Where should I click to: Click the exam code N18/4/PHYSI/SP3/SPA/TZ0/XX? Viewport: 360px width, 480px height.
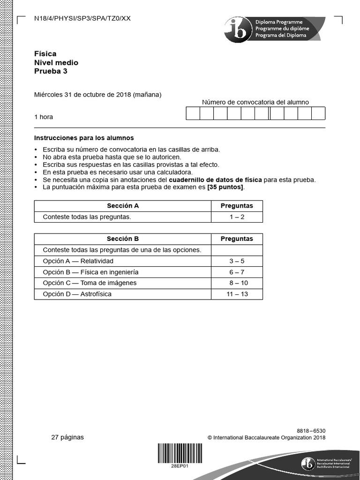tap(82, 19)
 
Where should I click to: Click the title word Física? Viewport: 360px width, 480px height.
tap(45, 54)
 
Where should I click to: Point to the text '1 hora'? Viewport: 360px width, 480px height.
tap(44, 117)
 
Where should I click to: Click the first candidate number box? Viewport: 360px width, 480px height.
tap(193, 113)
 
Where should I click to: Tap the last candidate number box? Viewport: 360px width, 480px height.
tap(318, 113)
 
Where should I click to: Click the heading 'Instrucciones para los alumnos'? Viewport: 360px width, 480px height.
tap(84, 138)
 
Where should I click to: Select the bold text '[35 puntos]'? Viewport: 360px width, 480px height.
tap(225, 187)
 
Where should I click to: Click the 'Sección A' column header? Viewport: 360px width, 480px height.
tap(123, 206)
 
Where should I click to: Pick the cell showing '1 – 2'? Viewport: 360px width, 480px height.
tap(237, 217)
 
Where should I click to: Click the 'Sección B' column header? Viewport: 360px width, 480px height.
tap(123, 239)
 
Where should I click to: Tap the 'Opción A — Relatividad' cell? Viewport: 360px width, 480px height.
tap(78, 261)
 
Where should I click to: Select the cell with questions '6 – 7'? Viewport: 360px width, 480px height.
tap(237, 272)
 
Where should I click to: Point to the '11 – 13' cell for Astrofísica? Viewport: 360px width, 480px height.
tap(237, 294)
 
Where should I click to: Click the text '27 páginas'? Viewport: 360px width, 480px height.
tap(67, 437)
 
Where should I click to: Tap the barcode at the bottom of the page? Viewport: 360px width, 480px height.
tap(180, 453)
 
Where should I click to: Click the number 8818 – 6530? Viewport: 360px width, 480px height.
tap(311, 430)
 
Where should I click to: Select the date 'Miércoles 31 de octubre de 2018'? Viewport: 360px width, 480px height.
tap(82, 94)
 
